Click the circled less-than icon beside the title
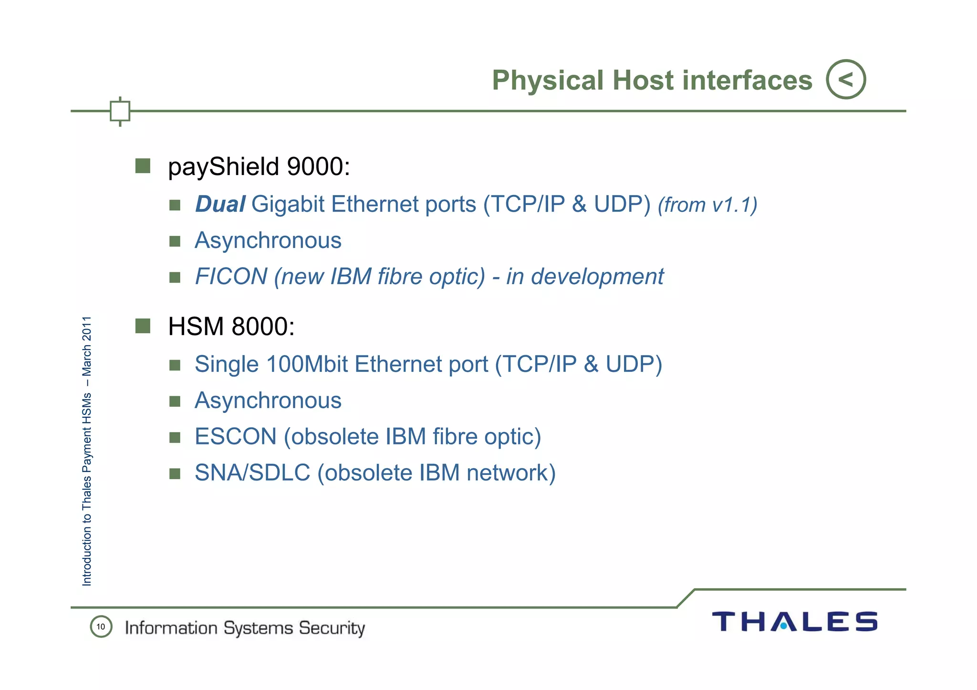coord(845,79)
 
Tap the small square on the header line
coord(120,111)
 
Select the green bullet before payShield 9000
coord(143,166)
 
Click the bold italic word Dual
coord(220,204)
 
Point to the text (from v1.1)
coord(707,205)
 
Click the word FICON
coord(231,277)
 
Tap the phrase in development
coord(585,277)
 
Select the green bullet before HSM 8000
coord(143,326)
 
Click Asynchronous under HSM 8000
coord(268,401)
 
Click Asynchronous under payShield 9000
coord(268,240)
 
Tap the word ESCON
coord(235,437)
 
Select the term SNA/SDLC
coord(252,473)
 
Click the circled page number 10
coord(101,627)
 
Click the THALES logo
coord(794,622)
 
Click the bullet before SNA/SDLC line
coord(175,474)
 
